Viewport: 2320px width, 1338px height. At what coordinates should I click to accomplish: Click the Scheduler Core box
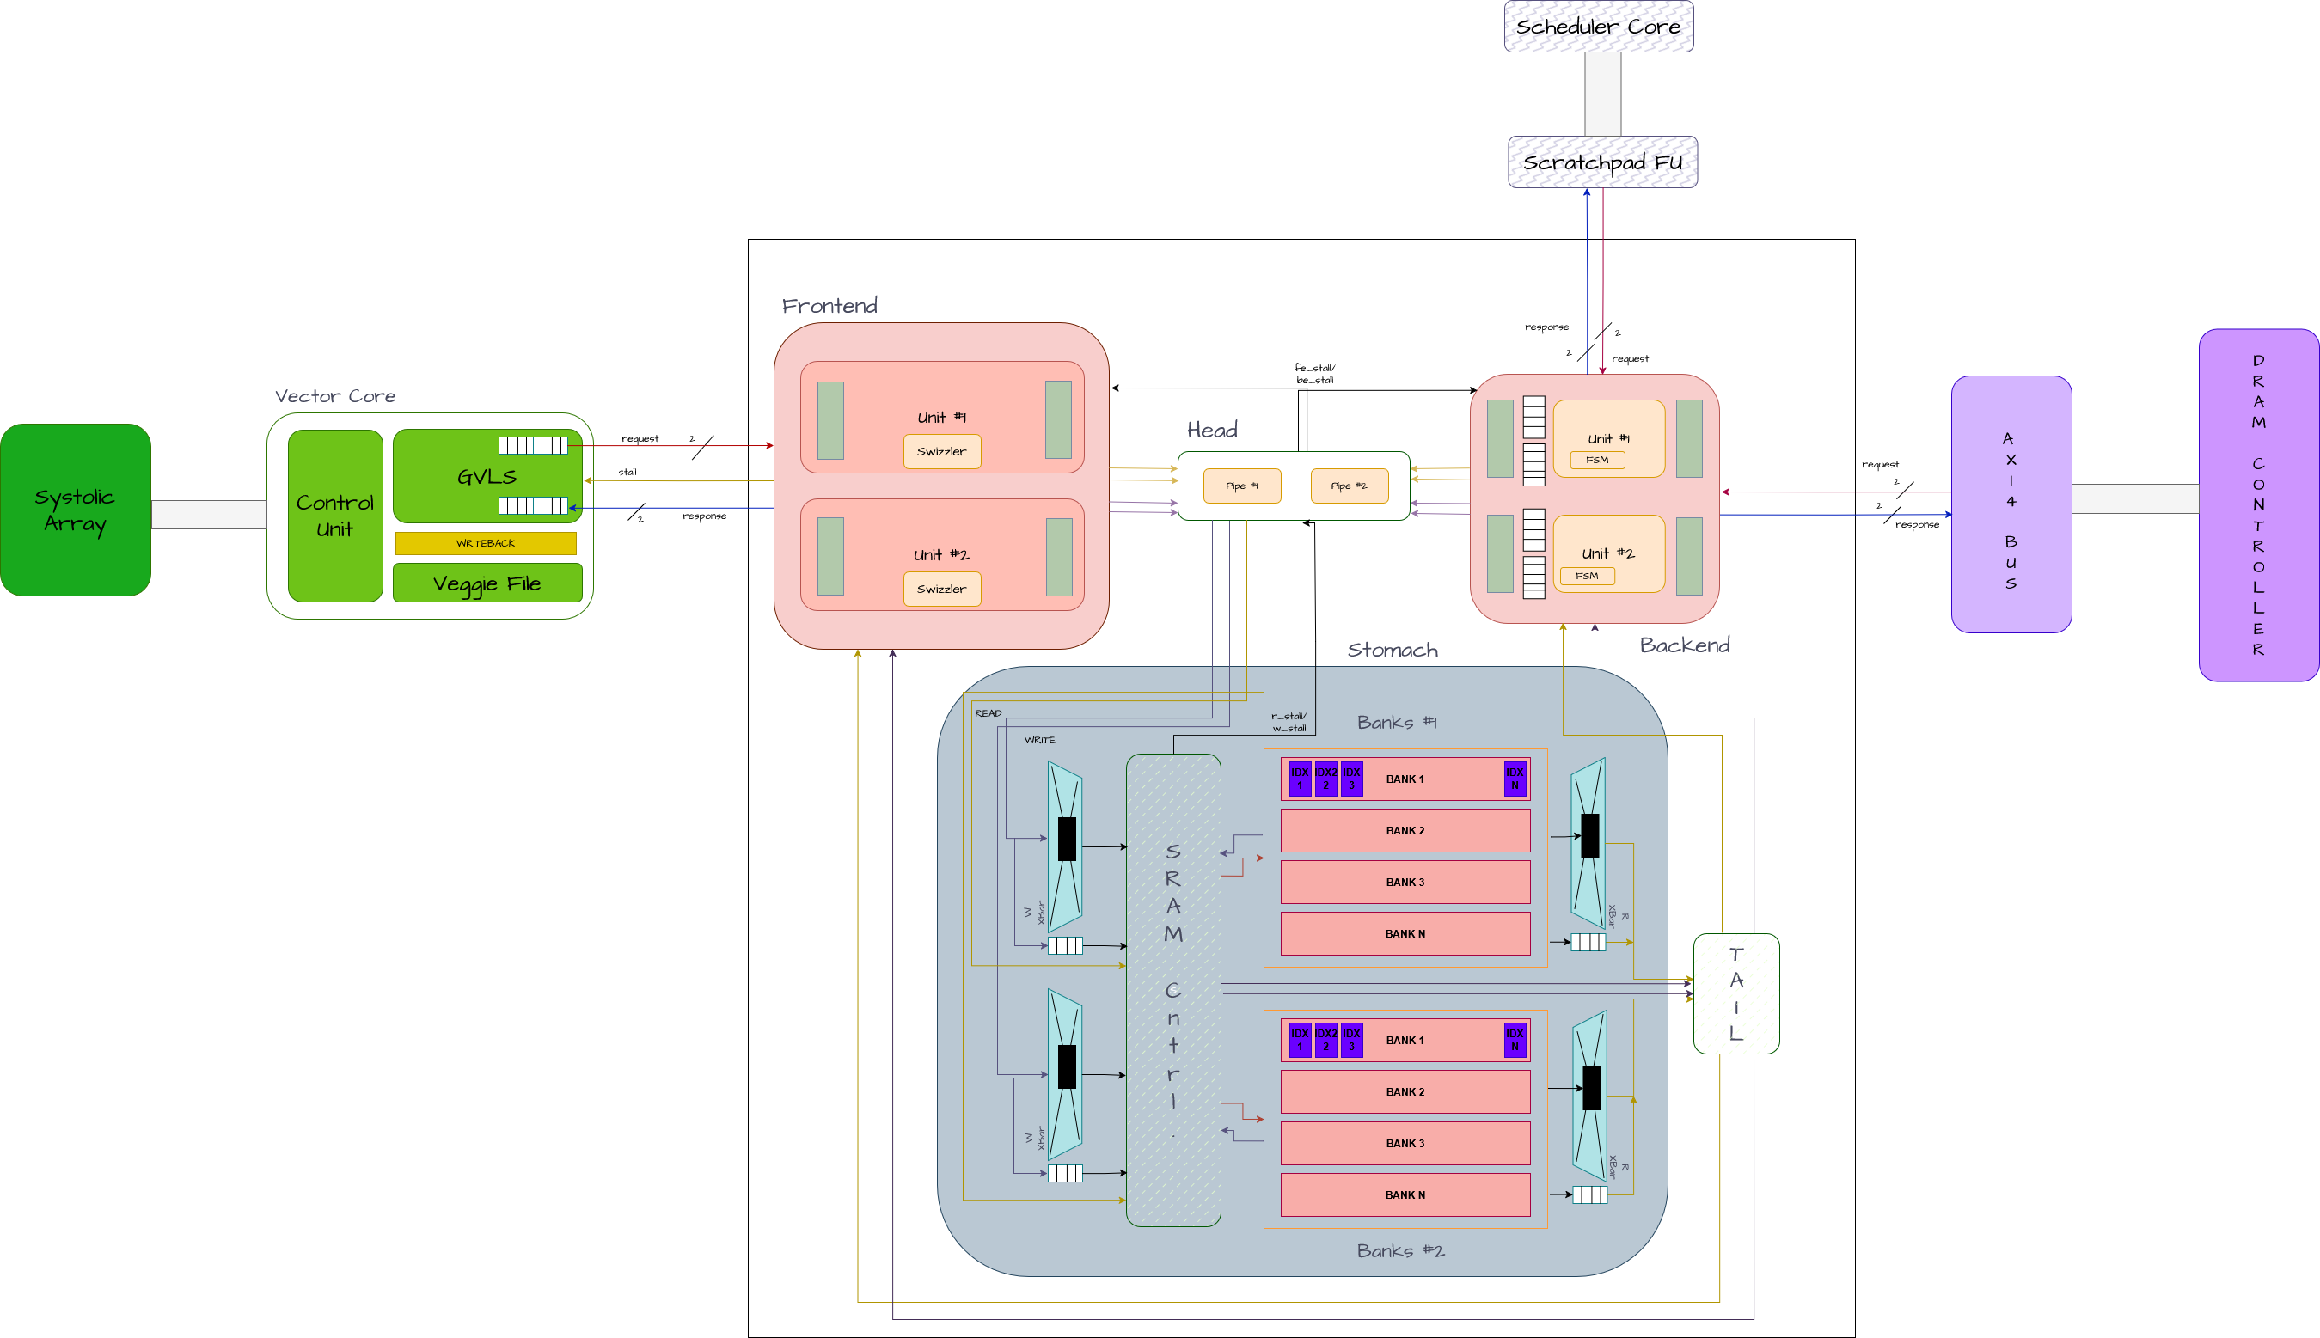tap(1598, 27)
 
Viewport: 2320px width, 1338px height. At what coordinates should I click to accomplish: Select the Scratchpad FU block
tap(1602, 162)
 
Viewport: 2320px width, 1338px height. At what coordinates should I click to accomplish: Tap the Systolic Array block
tap(76, 510)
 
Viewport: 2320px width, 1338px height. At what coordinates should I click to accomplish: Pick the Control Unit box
tap(334, 516)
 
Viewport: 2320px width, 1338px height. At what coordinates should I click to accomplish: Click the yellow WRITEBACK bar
tap(486, 543)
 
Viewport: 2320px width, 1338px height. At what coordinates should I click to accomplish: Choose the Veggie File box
tap(487, 583)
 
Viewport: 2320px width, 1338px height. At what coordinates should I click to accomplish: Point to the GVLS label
tap(487, 477)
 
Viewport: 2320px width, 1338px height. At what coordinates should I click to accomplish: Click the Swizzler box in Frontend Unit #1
tap(941, 451)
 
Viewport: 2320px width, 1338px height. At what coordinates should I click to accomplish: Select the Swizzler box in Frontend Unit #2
tap(941, 589)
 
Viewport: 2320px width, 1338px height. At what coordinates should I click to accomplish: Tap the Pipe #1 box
tap(1242, 486)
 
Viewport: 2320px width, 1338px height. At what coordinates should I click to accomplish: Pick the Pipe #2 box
tap(1349, 486)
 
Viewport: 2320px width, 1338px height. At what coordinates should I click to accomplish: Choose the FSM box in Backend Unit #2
tap(1587, 576)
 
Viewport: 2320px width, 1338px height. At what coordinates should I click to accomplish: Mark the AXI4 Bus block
tap(2011, 504)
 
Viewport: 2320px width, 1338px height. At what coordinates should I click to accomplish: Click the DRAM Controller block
tap(2257, 504)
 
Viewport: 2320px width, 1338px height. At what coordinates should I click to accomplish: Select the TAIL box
tap(1735, 993)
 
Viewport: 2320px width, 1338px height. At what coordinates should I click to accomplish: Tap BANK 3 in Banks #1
tap(1405, 883)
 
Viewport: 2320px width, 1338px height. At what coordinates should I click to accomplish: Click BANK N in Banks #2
tap(1405, 1194)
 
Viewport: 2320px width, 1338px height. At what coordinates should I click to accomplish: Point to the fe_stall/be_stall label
tap(1314, 374)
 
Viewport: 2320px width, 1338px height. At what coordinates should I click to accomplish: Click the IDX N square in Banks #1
tap(1514, 779)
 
